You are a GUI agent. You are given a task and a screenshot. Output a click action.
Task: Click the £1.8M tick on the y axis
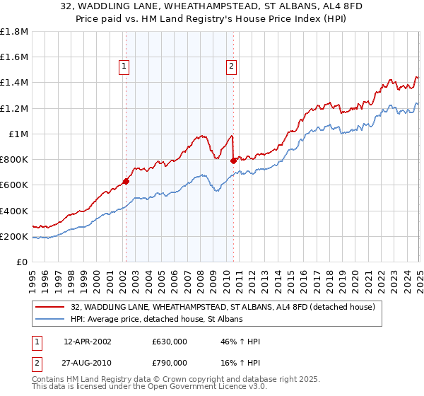(13, 32)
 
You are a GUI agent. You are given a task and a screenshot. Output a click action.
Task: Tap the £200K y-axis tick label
(14, 236)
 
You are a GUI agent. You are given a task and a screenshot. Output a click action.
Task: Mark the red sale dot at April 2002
(126, 181)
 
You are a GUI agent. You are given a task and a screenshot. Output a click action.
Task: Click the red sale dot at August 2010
(234, 161)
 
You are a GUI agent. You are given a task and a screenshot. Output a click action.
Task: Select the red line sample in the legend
(51, 306)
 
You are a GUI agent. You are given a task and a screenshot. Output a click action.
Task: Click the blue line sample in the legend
(51, 319)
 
